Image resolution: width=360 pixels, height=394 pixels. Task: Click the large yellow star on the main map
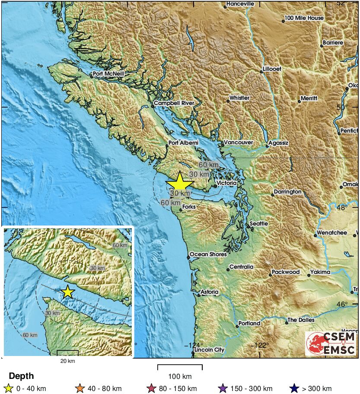[x=179, y=183]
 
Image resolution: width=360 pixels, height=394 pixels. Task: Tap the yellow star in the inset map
[x=67, y=292]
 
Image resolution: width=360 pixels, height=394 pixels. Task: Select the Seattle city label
[x=258, y=223]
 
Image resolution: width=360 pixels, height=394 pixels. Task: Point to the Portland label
[x=250, y=323]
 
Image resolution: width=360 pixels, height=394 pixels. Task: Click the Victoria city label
[x=226, y=183]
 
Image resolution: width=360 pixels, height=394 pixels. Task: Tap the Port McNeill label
[x=108, y=74]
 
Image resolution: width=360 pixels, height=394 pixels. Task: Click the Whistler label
[x=239, y=98]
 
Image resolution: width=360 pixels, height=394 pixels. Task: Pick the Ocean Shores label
[x=208, y=254]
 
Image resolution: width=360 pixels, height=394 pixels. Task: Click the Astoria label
[x=209, y=292]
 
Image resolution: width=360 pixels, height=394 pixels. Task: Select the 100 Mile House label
[x=304, y=18]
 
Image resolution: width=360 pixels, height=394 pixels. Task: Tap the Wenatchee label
[x=332, y=232]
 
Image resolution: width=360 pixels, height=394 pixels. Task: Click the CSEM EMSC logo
[x=331, y=343]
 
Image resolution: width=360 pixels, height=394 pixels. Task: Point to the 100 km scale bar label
[x=180, y=376]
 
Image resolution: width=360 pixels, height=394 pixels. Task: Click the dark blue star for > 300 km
[x=295, y=388]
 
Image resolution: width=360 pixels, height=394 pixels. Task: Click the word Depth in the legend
[x=21, y=376]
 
